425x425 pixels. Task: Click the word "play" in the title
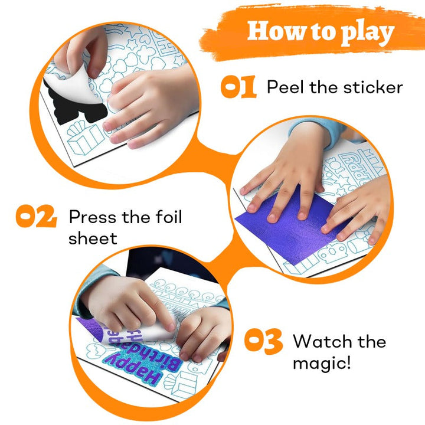(x=367, y=33)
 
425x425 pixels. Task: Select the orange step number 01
(x=238, y=87)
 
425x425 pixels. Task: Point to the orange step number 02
(x=36, y=216)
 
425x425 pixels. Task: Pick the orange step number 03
(x=263, y=341)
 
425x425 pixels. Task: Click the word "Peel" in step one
(x=285, y=87)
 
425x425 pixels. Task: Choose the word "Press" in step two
(x=93, y=217)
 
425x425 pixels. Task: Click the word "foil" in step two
(x=169, y=217)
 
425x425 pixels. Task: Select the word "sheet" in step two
(x=93, y=238)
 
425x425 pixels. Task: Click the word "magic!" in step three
(x=322, y=363)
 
